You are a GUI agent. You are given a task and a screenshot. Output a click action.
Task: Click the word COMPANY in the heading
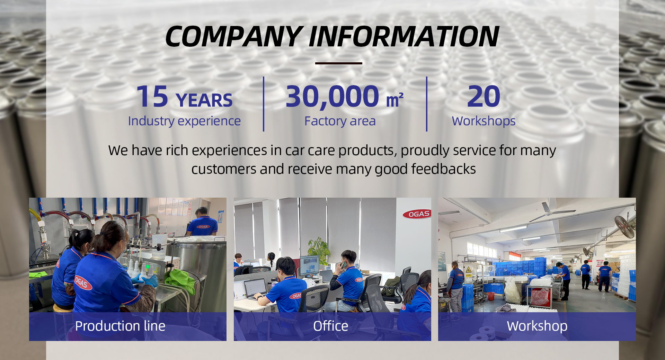pyautogui.click(x=234, y=36)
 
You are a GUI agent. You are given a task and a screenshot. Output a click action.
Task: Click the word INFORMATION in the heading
pyautogui.click(x=404, y=36)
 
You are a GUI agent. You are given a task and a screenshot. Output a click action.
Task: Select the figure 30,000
pyautogui.click(x=332, y=97)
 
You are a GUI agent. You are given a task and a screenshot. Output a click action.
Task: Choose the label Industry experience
pyautogui.click(x=184, y=121)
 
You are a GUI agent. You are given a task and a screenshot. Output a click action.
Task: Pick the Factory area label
pyautogui.click(x=340, y=121)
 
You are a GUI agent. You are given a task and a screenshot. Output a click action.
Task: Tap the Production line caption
pyautogui.click(x=120, y=326)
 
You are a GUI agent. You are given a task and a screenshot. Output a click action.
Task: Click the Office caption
pyautogui.click(x=330, y=326)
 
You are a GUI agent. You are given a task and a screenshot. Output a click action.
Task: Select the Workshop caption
pyautogui.click(x=537, y=326)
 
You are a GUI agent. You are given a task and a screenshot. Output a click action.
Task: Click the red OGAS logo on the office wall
pyautogui.click(x=417, y=214)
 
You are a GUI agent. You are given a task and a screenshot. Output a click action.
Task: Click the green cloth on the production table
pyautogui.click(x=181, y=280)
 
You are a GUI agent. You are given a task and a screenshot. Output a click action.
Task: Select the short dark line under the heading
pyautogui.click(x=338, y=63)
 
